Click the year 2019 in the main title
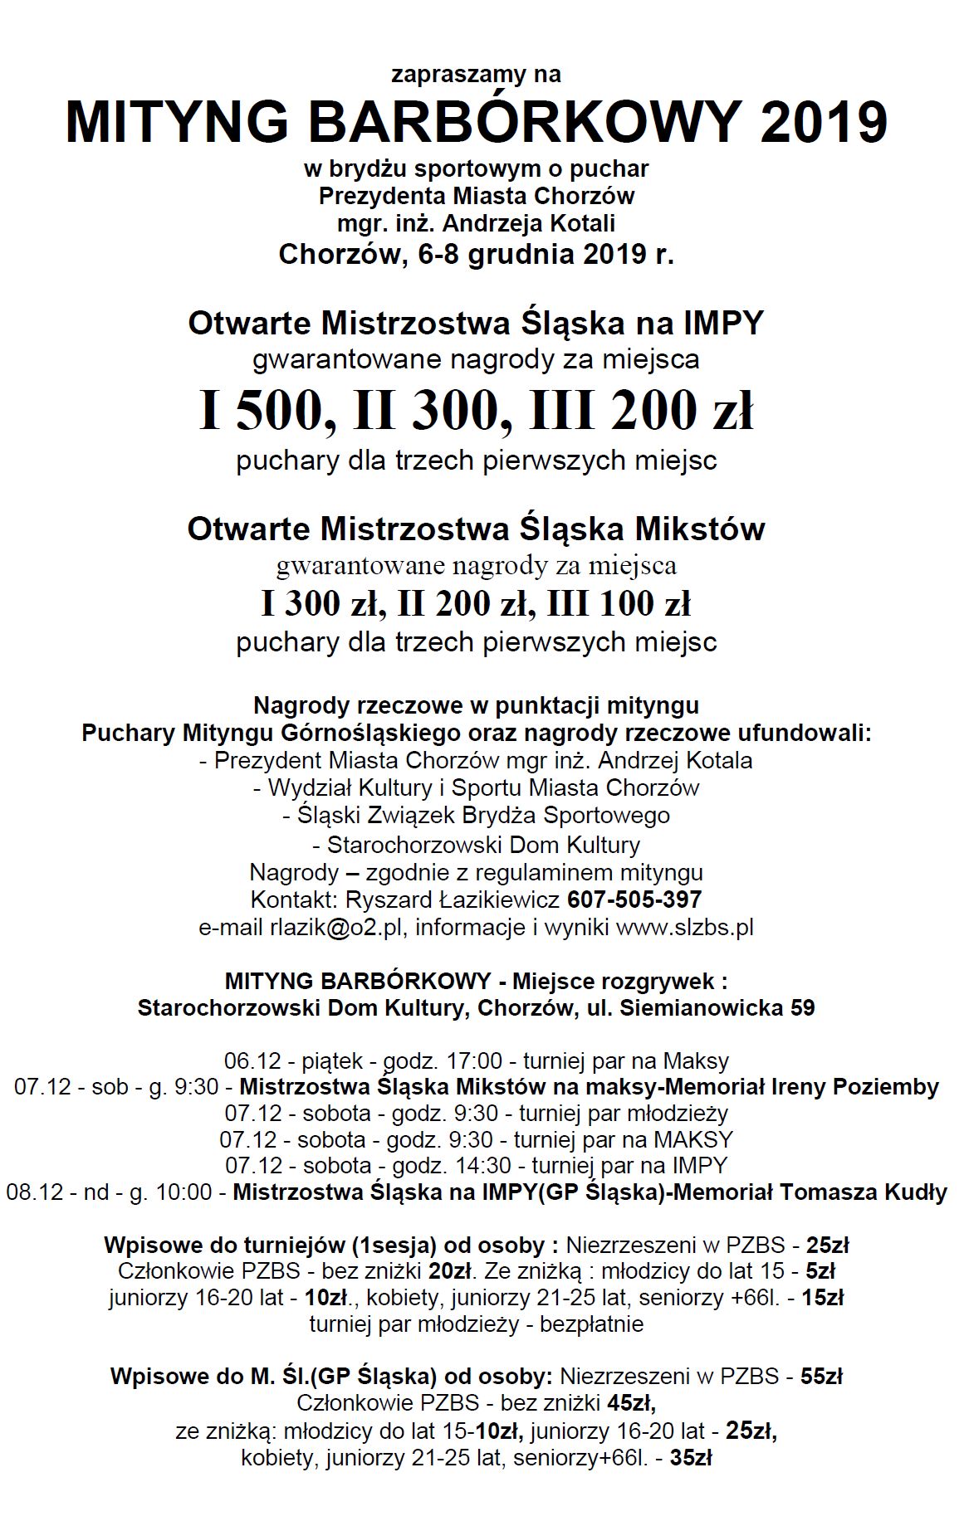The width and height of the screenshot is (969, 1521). click(824, 122)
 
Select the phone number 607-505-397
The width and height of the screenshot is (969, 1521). click(634, 899)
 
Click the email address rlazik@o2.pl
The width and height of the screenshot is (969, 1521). click(336, 927)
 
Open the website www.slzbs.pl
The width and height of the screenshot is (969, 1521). click(684, 927)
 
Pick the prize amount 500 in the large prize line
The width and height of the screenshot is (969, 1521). click(286, 411)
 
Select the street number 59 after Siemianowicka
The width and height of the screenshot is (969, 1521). click(801, 1008)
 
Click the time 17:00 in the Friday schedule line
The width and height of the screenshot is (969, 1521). click(475, 1060)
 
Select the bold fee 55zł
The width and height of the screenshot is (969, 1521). click(821, 1377)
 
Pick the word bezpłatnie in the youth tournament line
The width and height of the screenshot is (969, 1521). click(591, 1324)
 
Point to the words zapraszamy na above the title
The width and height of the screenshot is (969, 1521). click(476, 75)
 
